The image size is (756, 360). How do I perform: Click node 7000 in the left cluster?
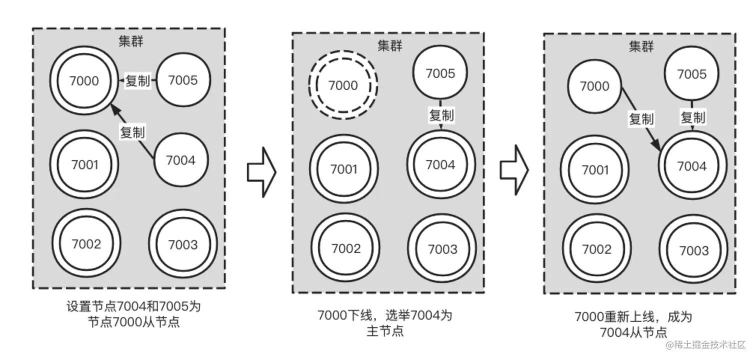[84, 80]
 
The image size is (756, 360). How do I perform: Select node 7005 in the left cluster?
[182, 80]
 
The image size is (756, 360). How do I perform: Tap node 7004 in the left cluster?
[180, 160]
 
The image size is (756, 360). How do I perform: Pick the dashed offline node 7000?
[342, 85]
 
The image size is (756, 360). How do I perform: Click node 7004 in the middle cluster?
[440, 165]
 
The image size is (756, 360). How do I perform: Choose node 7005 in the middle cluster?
[440, 74]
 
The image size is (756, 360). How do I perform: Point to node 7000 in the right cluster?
[594, 86]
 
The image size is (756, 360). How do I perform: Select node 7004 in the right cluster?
[691, 166]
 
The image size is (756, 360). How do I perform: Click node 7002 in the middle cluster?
[345, 248]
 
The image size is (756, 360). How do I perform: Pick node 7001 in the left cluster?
[84, 164]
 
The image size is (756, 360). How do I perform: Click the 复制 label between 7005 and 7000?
[138, 80]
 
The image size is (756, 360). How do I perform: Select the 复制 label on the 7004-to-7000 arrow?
[132, 132]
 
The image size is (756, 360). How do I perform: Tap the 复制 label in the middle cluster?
[441, 115]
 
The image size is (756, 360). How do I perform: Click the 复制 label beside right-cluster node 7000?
[641, 119]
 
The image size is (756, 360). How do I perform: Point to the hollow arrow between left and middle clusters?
[261, 171]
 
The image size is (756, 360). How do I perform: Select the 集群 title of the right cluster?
[641, 46]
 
